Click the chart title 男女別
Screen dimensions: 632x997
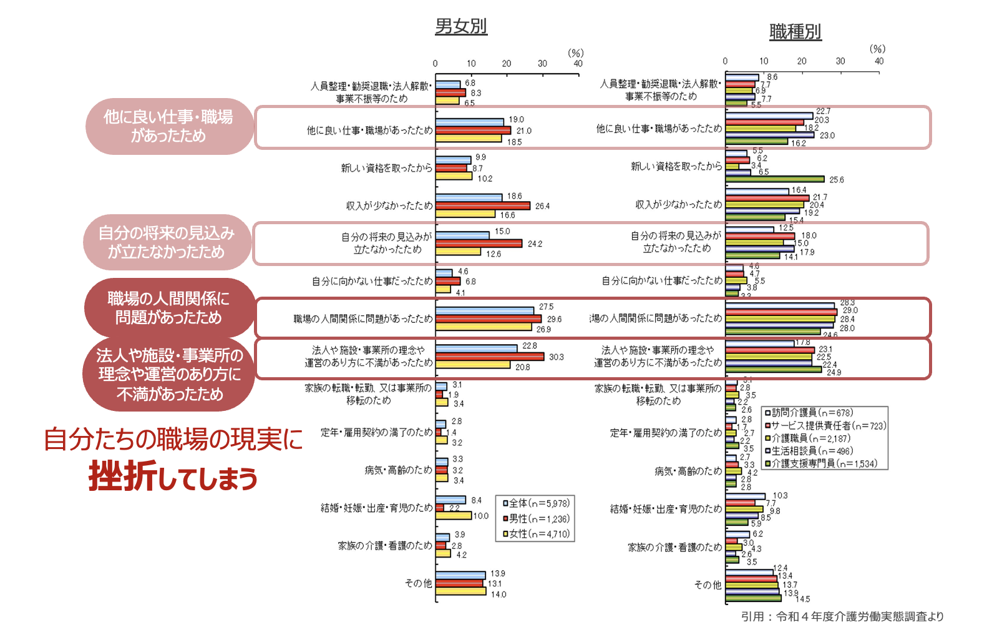[x=460, y=26]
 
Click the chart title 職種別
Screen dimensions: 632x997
[x=795, y=31]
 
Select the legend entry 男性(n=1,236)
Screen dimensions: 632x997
[x=535, y=518]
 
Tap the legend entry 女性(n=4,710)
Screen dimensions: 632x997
[x=535, y=534]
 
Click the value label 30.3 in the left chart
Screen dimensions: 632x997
[x=556, y=357]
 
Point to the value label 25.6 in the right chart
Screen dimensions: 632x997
[x=836, y=180]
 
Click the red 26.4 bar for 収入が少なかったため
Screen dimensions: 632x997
[x=483, y=205]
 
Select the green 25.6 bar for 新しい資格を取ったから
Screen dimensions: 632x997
[x=775, y=179]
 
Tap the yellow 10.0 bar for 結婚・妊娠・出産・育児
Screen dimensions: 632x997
[x=454, y=516]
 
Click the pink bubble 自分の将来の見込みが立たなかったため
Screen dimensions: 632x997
[x=167, y=242]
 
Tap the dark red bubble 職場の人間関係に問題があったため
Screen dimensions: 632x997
[x=168, y=308]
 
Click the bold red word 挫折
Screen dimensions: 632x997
[x=123, y=476]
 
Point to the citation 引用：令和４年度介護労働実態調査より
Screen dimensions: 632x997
[x=842, y=616]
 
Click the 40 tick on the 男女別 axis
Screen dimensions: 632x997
[x=578, y=64]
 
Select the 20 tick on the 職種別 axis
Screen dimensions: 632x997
[x=802, y=61]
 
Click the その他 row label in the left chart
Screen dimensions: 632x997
[x=418, y=583]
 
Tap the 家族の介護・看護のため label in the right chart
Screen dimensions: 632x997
[x=674, y=547]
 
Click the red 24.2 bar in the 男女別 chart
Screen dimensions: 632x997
[x=479, y=244]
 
